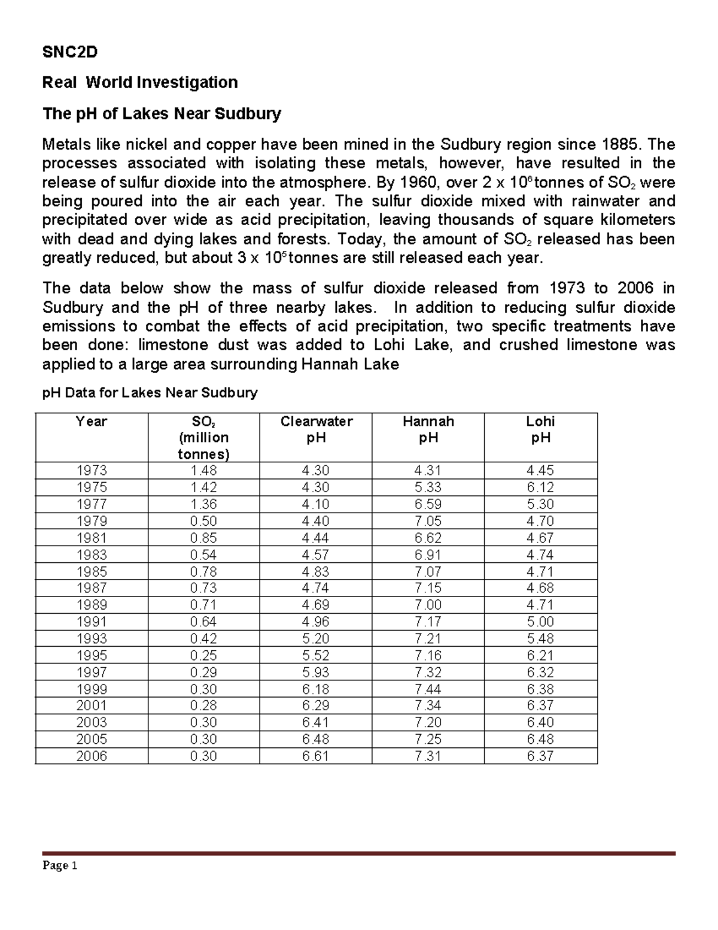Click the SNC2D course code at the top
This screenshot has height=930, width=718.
coord(69,53)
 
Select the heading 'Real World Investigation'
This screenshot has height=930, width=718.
coord(139,82)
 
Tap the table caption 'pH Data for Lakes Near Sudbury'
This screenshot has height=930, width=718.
coord(150,393)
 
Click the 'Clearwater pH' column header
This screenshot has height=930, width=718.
coord(316,429)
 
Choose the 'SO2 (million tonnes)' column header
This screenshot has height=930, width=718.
coord(203,437)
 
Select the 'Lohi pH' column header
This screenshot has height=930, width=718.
coord(540,429)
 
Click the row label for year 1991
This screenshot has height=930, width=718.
coord(92,622)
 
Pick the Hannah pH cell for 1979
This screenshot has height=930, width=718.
coord(428,521)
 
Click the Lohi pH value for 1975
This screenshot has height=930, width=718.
coord(540,487)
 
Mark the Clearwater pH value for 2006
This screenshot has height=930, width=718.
coord(316,756)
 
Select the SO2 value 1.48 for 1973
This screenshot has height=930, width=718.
coord(203,471)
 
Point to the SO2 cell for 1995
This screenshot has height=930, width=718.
coord(203,655)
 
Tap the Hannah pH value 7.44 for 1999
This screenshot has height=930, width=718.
coord(428,689)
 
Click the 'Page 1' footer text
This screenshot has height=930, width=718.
coord(60,866)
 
